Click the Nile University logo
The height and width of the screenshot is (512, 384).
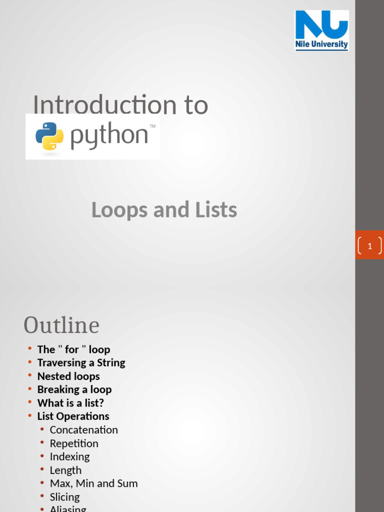pyautogui.click(x=321, y=30)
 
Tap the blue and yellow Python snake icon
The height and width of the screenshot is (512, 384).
pyautogui.click(x=49, y=136)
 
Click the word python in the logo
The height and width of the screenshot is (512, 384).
pyautogui.click(x=109, y=136)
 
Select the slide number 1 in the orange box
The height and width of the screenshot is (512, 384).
pyautogui.click(x=370, y=246)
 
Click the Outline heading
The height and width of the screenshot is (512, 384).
pyautogui.click(x=61, y=325)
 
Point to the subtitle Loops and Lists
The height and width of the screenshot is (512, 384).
pyautogui.click(x=164, y=210)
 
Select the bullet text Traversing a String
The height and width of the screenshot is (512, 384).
pyautogui.click(x=81, y=362)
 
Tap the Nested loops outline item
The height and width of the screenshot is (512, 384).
pyautogui.click(x=68, y=376)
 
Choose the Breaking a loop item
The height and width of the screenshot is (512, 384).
pyautogui.click(x=74, y=389)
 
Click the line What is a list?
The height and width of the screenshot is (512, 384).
pyautogui.click(x=70, y=403)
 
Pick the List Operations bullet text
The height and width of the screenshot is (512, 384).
pyautogui.click(x=73, y=416)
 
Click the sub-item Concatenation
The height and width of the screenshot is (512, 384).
pyautogui.click(x=84, y=430)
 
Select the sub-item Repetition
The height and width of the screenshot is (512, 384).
pyautogui.click(x=74, y=443)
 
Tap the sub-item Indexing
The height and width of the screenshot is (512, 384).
pyautogui.click(x=70, y=456)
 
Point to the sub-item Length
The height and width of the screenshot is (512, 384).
pyautogui.click(x=65, y=470)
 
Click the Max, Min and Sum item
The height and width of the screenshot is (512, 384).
pyautogui.click(x=93, y=483)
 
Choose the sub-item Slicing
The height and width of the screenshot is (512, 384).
pyautogui.click(x=64, y=497)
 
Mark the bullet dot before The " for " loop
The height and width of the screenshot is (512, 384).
pyautogui.click(x=30, y=348)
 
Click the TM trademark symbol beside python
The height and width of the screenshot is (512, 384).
pyautogui.click(x=152, y=127)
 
